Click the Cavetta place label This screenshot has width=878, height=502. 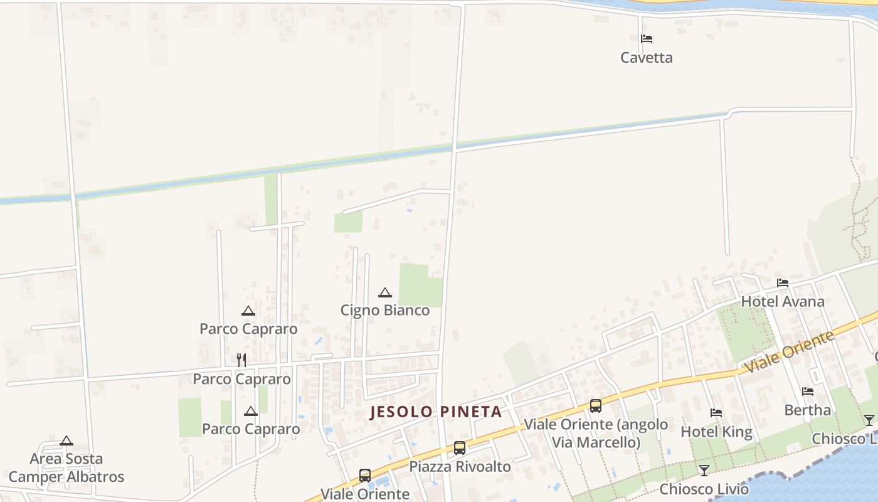point(646,58)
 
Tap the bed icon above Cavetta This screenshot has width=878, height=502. point(647,39)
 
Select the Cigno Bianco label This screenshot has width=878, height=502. point(385,310)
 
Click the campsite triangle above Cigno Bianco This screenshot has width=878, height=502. point(385,292)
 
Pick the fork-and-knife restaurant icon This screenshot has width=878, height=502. point(241,360)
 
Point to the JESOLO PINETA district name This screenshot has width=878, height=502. point(436,412)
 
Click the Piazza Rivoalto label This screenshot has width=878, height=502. point(460,466)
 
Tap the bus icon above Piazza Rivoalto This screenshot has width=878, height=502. point(460,448)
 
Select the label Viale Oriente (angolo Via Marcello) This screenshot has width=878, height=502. point(596,433)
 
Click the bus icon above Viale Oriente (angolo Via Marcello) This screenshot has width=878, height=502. point(596,406)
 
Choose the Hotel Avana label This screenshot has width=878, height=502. point(783,302)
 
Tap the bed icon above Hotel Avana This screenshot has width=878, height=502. point(783,283)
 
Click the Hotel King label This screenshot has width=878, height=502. point(716,432)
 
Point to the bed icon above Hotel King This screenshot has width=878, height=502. point(716,413)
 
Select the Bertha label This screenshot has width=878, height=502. point(808,410)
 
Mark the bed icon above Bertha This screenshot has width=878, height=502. point(808,392)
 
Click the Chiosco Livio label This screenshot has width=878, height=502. point(704,489)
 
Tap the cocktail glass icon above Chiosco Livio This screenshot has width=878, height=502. point(704,471)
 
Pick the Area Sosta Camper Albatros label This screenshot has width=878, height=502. point(66,468)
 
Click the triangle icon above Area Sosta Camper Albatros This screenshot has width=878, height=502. point(66,441)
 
